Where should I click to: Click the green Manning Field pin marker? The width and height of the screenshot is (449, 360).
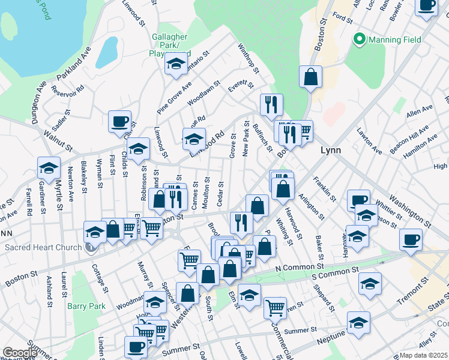pyautogui.click(x=360, y=40)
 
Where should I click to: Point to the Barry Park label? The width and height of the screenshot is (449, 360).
pyautogui.click(x=86, y=306)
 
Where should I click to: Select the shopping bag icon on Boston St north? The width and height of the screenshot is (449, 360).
pyautogui.click(x=311, y=77)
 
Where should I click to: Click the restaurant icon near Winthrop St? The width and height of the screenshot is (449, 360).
pyautogui.click(x=271, y=104)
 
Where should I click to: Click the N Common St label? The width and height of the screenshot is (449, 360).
pyautogui.click(x=299, y=267)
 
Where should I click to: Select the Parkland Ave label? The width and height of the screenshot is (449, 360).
pyautogui.click(x=73, y=64)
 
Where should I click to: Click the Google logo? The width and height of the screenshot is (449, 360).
pyautogui.click(x=19, y=353)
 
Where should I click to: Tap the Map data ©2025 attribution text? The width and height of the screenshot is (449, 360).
pyautogui.click(x=423, y=355)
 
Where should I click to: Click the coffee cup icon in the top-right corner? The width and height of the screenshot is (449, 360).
pyautogui.click(x=427, y=5)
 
